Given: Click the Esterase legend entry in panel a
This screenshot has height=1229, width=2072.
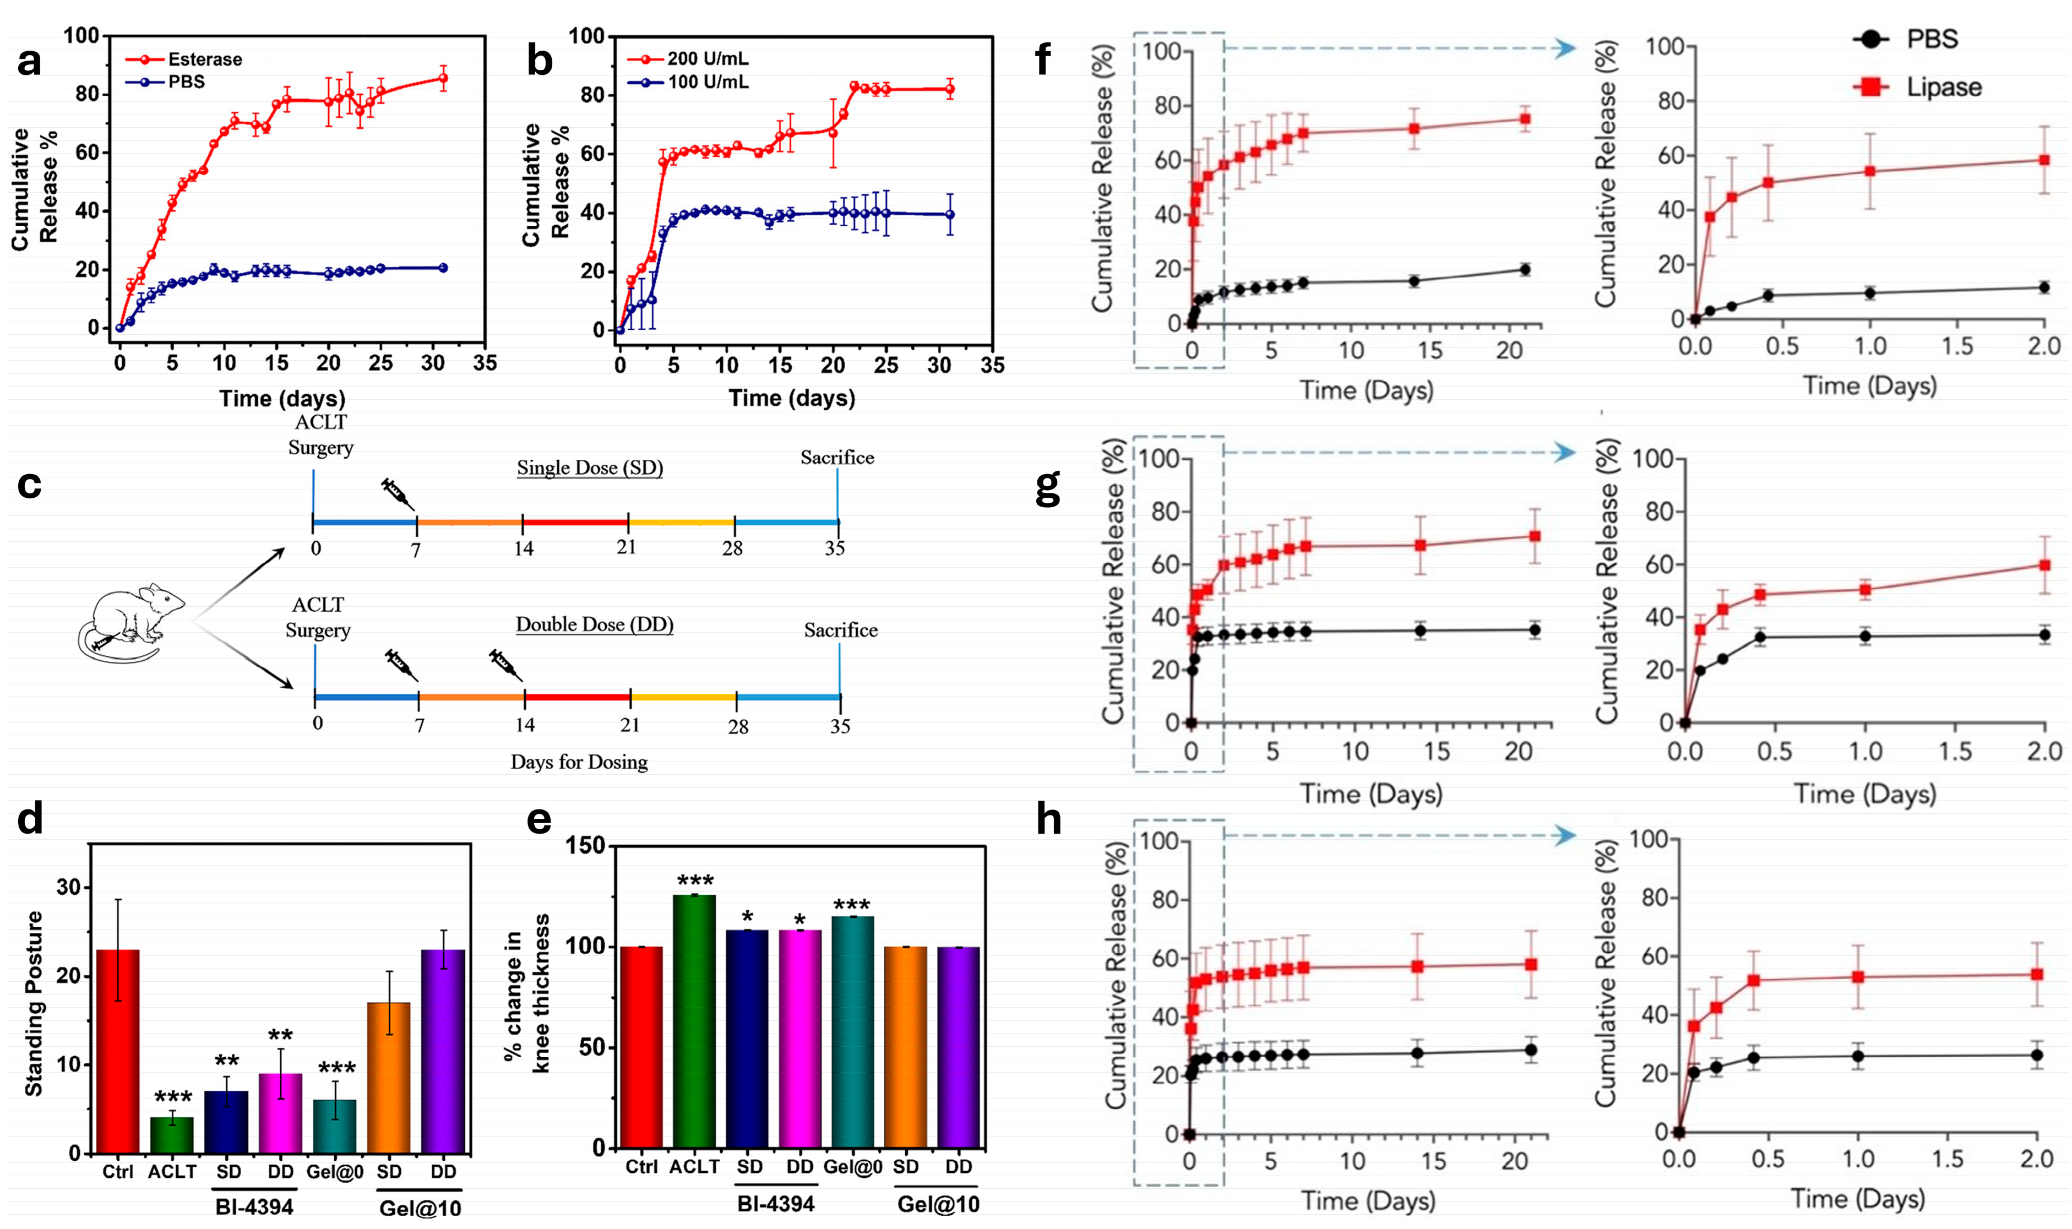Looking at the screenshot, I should (204, 59).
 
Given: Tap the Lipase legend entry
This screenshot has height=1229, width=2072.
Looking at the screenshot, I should (1943, 87).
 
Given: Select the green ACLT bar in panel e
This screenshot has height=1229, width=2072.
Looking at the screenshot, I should (694, 1020).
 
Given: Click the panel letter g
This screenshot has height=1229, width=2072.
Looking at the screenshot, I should (1048, 486).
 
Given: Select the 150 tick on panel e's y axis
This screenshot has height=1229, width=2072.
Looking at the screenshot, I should (587, 846).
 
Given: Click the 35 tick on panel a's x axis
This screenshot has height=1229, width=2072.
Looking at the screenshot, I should (485, 363).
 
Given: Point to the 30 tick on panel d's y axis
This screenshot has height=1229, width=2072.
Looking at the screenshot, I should (69, 887).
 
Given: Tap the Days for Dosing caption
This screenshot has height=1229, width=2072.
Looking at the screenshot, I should (579, 762).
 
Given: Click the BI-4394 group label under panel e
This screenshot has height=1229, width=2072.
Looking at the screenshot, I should (775, 1203).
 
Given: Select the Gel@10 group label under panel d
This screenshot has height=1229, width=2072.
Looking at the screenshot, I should (420, 1208).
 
